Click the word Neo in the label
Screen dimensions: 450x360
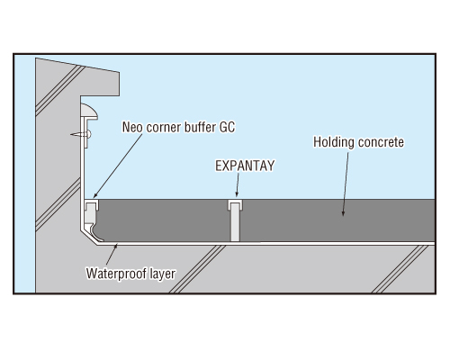132,127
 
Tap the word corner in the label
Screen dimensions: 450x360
164,128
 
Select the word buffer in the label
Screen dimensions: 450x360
200,127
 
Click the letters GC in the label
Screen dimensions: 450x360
227,127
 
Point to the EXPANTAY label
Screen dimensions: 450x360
245,166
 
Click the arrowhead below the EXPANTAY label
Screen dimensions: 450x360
237,193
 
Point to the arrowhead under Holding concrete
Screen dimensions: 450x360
343,212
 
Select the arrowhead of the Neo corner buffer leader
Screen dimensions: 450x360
95,195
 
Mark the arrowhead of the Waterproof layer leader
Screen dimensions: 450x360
116,247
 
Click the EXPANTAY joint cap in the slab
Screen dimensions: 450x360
236,204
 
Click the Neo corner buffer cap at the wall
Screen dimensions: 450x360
92,204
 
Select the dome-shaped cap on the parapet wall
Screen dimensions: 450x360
89,111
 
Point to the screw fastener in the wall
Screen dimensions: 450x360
81,134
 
